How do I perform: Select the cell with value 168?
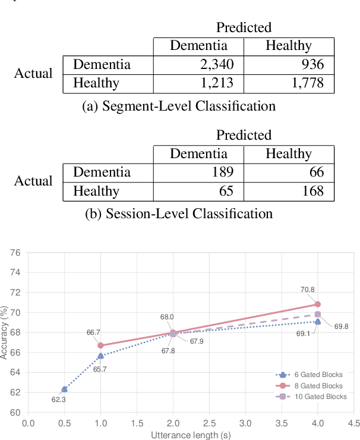coord(313,191)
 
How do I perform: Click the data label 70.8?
coord(307,290)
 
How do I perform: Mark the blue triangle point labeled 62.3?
coord(64,389)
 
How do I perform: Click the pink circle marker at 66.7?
coord(100,345)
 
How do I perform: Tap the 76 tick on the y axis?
coord(15,253)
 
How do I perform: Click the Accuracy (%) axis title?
coord(5,333)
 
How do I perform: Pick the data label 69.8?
coord(342,326)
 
